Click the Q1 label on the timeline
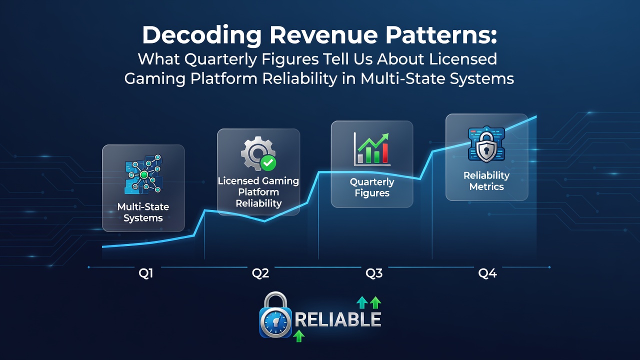coord(145,273)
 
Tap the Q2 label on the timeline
coord(260,273)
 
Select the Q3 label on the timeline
coord(374,273)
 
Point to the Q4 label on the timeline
coord(487,273)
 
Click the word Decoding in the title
coord(201,35)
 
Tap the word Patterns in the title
coord(441,35)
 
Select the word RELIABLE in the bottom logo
coord(337,319)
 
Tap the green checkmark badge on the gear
coord(268,163)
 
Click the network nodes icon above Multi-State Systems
coord(143,174)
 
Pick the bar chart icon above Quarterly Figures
coord(371,149)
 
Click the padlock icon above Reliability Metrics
coord(486,144)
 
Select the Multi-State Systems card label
coord(143,212)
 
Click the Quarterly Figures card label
coord(372,187)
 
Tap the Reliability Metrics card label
coord(486,181)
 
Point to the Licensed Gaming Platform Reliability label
coord(258,192)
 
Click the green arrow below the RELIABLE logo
coord(299,336)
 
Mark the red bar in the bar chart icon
coord(385,153)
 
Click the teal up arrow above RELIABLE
coord(362,302)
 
